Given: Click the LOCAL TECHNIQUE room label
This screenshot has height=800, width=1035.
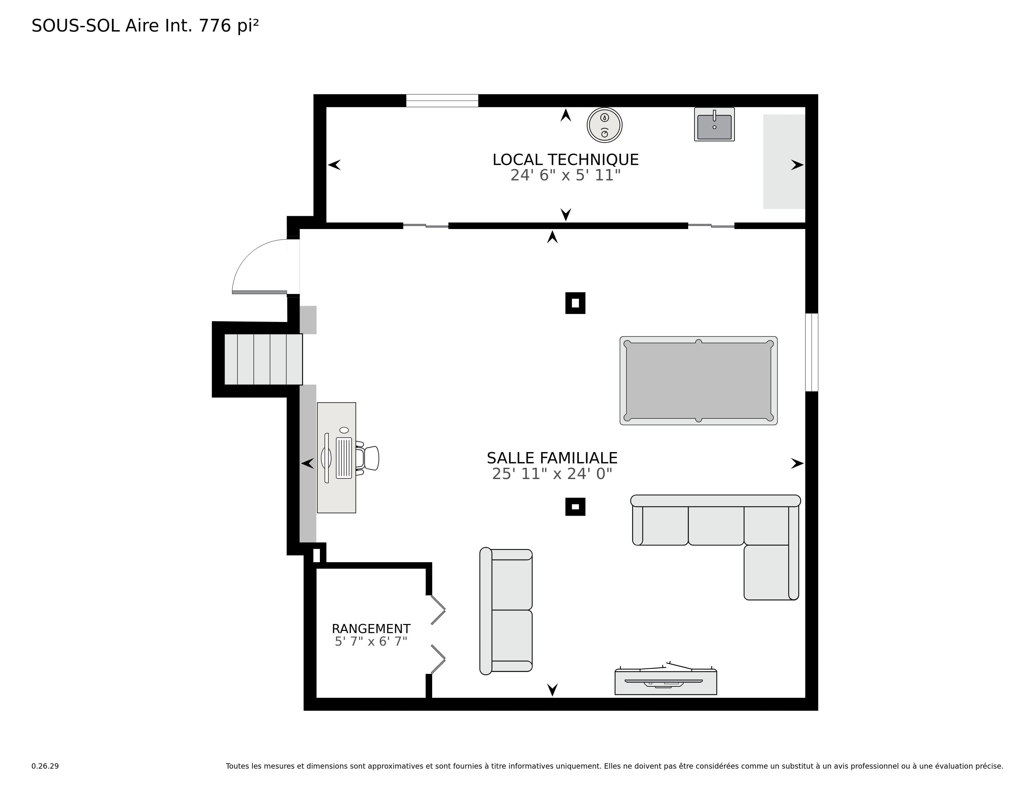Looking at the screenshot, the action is click(x=565, y=160).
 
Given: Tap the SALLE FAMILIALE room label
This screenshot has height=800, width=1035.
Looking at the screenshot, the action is click(x=552, y=458).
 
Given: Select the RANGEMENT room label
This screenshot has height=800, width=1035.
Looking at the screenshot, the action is click(x=371, y=629).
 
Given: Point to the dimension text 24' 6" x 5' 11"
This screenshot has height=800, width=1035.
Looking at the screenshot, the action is click(x=565, y=175).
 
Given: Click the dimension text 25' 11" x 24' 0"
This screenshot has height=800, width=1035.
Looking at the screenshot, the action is click(x=552, y=474).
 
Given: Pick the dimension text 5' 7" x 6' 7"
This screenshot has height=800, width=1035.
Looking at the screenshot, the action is click(x=371, y=642).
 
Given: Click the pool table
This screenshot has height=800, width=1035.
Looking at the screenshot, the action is click(x=698, y=381).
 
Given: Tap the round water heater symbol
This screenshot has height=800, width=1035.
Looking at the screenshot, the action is click(x=605, y=125).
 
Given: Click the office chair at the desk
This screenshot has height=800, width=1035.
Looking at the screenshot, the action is click(x=368, y=458).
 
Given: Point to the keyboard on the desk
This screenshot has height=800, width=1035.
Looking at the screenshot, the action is click(x=344, y=458).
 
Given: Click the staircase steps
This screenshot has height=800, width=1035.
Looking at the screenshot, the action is click(x=263, y=359).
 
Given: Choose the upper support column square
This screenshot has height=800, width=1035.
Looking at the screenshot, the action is click(x=575, y=303).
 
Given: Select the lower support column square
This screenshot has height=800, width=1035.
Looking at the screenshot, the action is click(x=575, y=507).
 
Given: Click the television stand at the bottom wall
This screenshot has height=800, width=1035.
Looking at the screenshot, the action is click(x=666, y=681).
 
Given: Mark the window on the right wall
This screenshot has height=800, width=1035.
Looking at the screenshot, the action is click(x=812, y=352).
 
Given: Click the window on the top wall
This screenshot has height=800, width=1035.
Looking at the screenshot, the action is click(x=442, y=100).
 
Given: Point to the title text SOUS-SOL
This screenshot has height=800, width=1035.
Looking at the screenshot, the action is click(x=76, y=26).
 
